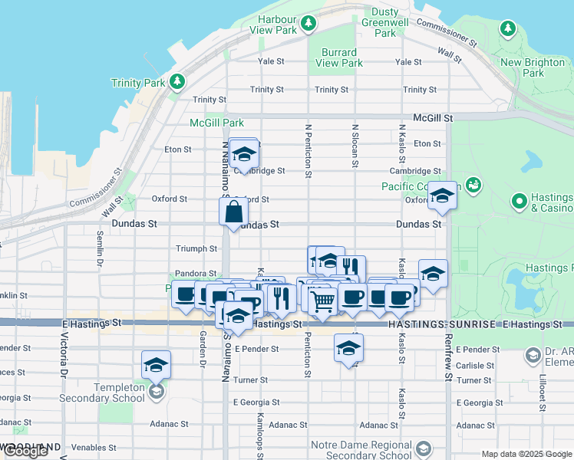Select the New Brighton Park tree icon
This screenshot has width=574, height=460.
click(x=507, y=28)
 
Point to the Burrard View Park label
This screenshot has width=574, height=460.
click(x=338, y=58)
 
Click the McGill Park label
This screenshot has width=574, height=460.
click(x=217, y=123)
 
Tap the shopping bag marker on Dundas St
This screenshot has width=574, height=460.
click(x=233, y=210)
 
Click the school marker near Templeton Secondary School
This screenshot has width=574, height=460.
click(x=156, y=365)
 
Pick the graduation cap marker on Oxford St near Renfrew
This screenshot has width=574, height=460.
click(x=442, y=196)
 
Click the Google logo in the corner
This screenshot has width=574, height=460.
click(x=25, y=452)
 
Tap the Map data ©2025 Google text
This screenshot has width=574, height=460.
click(x=526, y=454)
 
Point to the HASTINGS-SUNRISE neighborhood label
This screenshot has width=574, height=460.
click(x=443, y=326)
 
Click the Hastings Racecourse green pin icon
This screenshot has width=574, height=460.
click(x=520, y=202)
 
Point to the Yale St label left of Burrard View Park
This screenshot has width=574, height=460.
click(x=271, y=61)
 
